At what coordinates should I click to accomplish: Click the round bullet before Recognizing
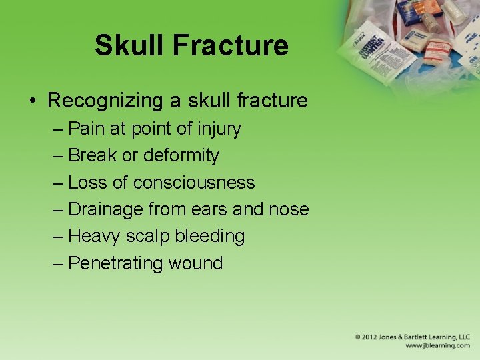coord(33,101)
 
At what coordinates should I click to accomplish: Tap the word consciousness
coord(194,182)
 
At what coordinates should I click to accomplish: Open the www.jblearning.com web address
coord(437,346)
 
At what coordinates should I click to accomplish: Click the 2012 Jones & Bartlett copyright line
coord(412,337)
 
